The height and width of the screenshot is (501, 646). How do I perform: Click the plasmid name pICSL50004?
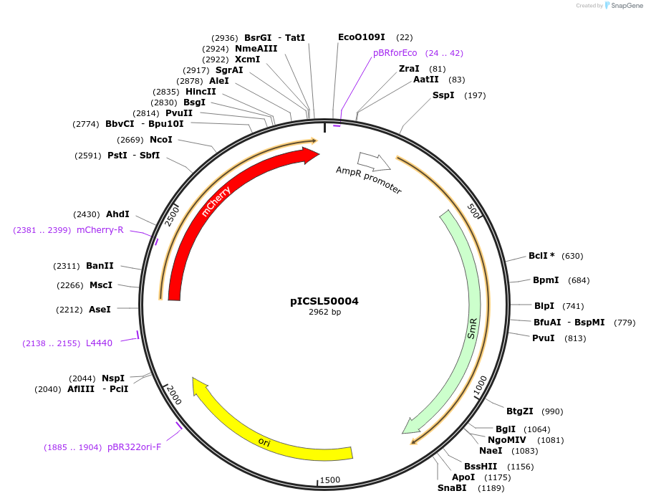[x=324, y=301]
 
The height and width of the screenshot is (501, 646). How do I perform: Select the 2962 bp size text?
[x=324, y=312]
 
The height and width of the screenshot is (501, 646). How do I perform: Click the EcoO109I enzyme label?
[x=361, y=37]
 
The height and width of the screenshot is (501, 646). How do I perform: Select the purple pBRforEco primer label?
[x=395, y=53]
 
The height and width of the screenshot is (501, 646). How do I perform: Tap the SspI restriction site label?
[x=443, y=95]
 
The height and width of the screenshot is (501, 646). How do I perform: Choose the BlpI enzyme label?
[x=544, y=306]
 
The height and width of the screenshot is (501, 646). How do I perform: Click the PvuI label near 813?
[x=543, y=338]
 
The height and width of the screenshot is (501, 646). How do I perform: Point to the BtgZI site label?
[x=519, y=411]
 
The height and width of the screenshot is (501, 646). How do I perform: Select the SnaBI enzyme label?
[x=452, y=488]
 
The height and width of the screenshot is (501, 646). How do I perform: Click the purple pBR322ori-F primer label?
[x=134, y=447]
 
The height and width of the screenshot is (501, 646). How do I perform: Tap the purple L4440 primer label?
[x=99, y=343]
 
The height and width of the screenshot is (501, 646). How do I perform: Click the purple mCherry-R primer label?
[x=100, y=230]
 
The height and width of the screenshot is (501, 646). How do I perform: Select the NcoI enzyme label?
[x=160, y=140]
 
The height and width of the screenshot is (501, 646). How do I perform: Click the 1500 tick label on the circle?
[x=330, y=480]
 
